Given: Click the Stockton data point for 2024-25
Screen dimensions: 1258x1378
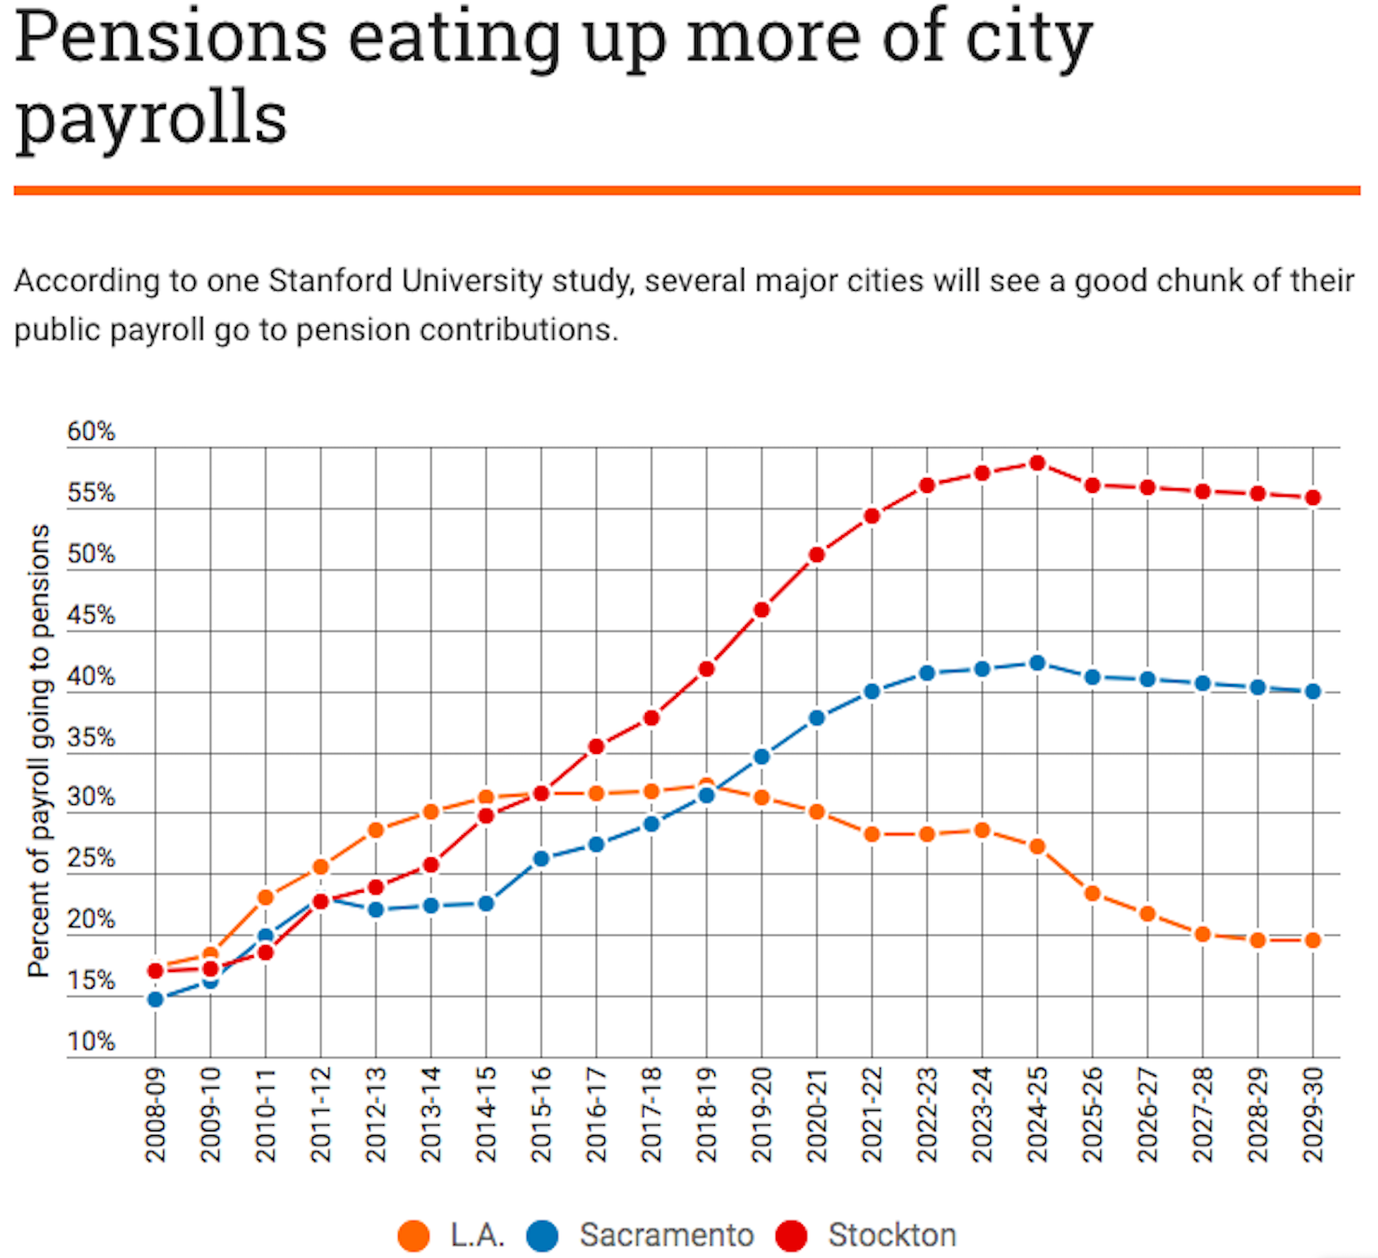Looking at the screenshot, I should (1037, 463).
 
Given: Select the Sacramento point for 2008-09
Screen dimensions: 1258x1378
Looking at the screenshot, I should (156, 999).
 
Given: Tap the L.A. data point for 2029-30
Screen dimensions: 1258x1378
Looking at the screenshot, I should (1313, 940).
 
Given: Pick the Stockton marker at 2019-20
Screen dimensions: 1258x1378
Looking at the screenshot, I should (762, 609).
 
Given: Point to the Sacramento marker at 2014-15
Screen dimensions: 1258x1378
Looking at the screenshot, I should (486, 903).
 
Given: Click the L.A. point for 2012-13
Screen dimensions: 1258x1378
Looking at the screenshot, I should (376, 829).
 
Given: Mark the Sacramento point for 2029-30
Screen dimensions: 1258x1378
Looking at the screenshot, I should (1313, 691).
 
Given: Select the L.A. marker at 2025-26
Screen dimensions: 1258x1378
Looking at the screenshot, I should (1093, 894).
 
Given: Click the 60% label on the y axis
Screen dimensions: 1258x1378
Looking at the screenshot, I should (90, 431).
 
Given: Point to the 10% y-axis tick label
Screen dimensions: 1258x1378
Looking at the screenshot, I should (90, 1042).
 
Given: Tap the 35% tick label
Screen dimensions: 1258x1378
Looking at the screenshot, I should (90, 738).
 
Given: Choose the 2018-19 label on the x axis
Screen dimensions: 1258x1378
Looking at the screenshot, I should (707, 1114).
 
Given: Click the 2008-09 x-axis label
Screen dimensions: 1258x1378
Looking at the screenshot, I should (156, 1114).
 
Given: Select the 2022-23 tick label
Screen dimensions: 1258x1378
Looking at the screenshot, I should (927, 1114).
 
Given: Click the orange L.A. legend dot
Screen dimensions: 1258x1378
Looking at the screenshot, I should (413, 1236).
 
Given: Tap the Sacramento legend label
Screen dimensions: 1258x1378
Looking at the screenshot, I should (667, 1236).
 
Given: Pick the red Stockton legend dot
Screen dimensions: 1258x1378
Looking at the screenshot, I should (792, 1236).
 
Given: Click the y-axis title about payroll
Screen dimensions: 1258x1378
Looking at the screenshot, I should (38, 750).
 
